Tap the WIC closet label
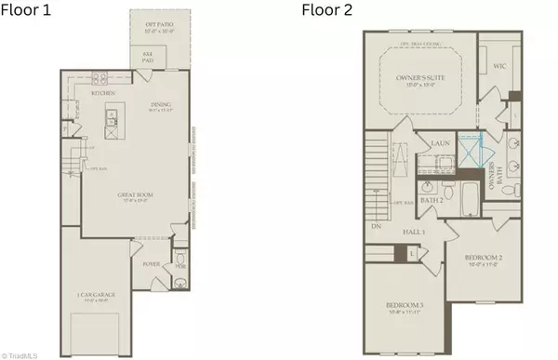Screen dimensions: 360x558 click(x=499, y=66)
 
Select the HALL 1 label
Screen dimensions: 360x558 click(x=414, y=230)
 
